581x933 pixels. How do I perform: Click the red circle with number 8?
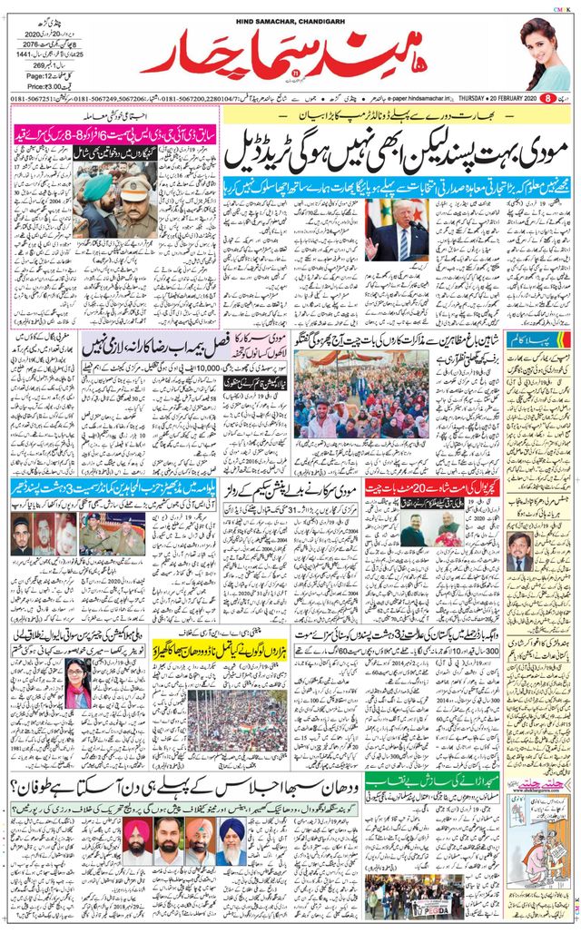click(x=548, y=97)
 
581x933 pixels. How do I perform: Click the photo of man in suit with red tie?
click(x=396, y=230)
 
